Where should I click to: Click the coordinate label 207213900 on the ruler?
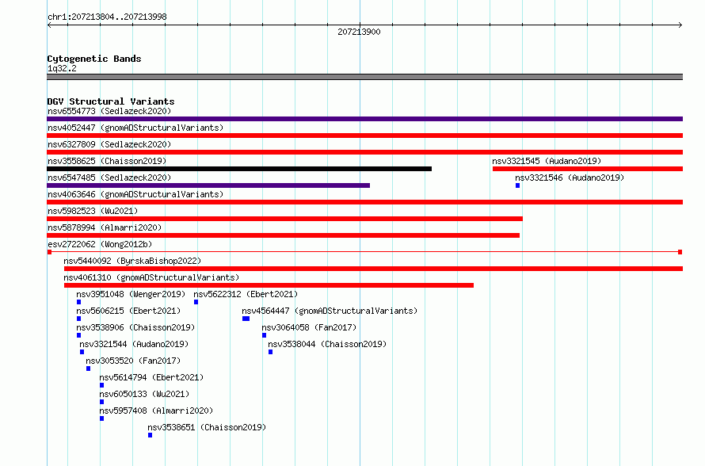[359, 32]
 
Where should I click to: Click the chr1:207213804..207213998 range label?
[107, 17]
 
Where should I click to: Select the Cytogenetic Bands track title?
[94, 59]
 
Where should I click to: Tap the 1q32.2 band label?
[62, 68]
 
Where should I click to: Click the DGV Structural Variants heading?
[111, 101]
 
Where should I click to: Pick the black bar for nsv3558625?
[239, 169]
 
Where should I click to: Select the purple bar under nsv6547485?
[208, 185]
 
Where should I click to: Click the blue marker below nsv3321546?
[517, 185]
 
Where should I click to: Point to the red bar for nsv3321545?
[588, 169]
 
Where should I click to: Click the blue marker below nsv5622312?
[196, 302]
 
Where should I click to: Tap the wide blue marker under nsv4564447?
[246, 319]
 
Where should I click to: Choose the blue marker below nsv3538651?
[151, 435]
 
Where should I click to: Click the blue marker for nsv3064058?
[264, 335]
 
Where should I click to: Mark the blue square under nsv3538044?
[270, 352]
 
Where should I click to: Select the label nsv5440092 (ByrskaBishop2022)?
[132, 261]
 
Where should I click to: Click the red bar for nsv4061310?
[269, 285]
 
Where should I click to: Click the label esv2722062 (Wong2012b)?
[100, 244]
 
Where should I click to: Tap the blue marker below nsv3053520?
[88, 369]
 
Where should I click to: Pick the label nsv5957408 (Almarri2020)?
[156, 411]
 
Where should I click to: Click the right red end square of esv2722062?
[680, 252]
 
